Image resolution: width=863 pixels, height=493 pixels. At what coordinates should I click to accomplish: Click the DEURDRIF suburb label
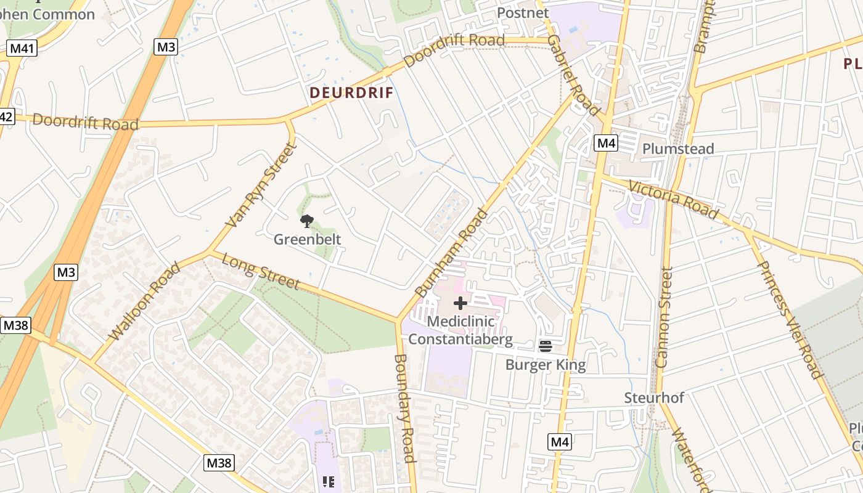(351, 93)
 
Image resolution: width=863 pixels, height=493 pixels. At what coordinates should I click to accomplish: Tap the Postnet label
(523, 13)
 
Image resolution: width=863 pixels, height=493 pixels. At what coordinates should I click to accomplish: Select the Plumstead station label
(678, 149)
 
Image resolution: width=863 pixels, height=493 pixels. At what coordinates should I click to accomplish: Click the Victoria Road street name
(674, 199)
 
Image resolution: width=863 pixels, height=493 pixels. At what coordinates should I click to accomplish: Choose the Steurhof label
(654, 397)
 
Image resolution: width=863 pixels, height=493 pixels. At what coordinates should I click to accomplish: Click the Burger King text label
(546, 365)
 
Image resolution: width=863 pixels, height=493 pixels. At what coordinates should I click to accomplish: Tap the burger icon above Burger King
(545, 346)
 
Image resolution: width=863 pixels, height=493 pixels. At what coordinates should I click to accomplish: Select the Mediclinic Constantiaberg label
(460, 330)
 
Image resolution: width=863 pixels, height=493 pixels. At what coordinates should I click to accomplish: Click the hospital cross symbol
(460, 303)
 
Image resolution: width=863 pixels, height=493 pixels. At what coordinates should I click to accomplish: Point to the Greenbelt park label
(307, 239)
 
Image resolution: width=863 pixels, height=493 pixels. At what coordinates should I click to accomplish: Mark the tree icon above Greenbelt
(306, 221)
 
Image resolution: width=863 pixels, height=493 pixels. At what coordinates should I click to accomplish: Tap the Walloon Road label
(145, 301)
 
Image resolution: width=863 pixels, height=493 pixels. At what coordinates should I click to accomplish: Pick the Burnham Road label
(451, 254)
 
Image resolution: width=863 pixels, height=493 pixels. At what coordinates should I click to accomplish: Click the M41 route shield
(22, 48)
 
